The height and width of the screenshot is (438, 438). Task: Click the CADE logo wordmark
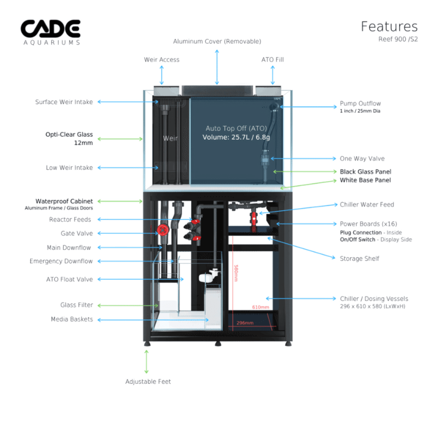tap(50, 28)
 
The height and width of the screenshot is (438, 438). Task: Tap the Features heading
tap(389, 26)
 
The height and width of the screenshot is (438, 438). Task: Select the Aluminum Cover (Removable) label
tap(217, 42)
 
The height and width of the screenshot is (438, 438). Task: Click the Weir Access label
tap(162, 60)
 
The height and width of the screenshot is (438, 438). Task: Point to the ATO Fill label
tap(272, 60)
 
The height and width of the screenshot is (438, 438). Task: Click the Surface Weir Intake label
tap(64, 102)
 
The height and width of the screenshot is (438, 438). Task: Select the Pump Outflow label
tap(360, 103)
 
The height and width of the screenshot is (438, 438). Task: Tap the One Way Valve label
tap(362, 159)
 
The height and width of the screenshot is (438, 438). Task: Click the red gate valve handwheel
tap(162, 230)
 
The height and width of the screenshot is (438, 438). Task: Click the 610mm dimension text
tap(260, 307)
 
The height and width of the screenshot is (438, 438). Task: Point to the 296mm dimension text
tap(245, 323)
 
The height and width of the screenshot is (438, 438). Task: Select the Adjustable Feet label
tap(148, 382)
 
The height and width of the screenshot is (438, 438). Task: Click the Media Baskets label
tap(72, 319)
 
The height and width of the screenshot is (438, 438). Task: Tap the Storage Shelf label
tap(359, 258)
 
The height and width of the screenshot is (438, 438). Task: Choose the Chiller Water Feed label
tap(366, 205)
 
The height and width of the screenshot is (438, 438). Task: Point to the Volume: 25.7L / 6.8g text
tap(237, 137)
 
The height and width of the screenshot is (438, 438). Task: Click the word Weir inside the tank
tap(170, 139)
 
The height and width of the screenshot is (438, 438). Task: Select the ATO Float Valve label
tap(70, 279)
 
